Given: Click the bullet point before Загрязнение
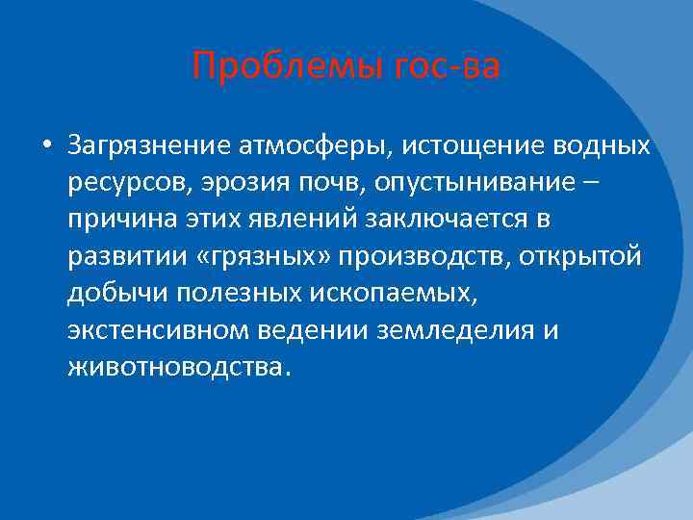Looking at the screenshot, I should [x=45, y=147].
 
